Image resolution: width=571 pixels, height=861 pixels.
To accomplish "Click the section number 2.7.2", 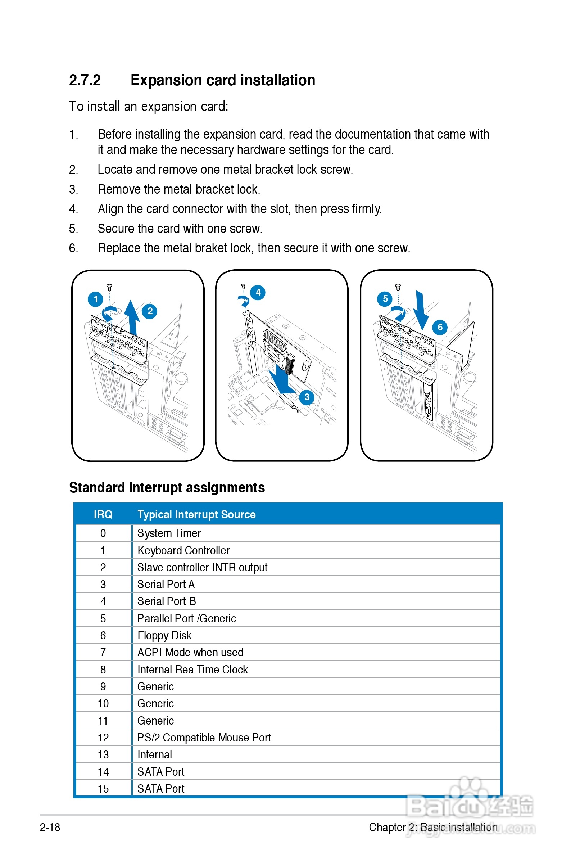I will (x=85, y=80).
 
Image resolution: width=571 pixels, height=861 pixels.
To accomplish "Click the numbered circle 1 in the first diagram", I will (x=95, y=299).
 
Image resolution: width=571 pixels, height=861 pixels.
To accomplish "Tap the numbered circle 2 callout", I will (x=150, y=311).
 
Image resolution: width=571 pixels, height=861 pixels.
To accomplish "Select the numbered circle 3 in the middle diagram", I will (x=307, y=397).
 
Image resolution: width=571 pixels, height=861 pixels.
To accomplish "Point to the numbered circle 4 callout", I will (x=258, y=293).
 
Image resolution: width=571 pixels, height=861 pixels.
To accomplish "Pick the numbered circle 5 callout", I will (x=385, y=299).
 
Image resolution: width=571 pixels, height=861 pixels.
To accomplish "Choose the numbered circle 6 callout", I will (x=440, y=327).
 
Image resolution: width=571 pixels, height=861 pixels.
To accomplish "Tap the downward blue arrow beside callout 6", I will (x=421, y=310).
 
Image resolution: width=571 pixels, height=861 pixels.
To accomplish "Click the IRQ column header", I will (x=103, y=514).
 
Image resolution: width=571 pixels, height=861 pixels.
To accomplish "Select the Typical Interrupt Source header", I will (x=196, y=514).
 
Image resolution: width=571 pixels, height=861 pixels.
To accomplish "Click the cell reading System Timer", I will (x=169, y=533).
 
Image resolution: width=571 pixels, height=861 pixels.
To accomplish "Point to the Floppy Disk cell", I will (x=164, y=636).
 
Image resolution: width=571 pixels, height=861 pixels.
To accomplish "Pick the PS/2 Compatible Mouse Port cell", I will (x=204, y=738).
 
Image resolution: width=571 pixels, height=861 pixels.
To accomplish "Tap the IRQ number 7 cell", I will (x=103, y=652).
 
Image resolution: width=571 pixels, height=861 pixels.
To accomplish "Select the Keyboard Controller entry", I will (x=183, y=550).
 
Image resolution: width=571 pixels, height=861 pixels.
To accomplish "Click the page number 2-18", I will (x=50, y=827).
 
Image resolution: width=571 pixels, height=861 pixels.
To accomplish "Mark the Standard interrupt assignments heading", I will (x=167, y=487).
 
